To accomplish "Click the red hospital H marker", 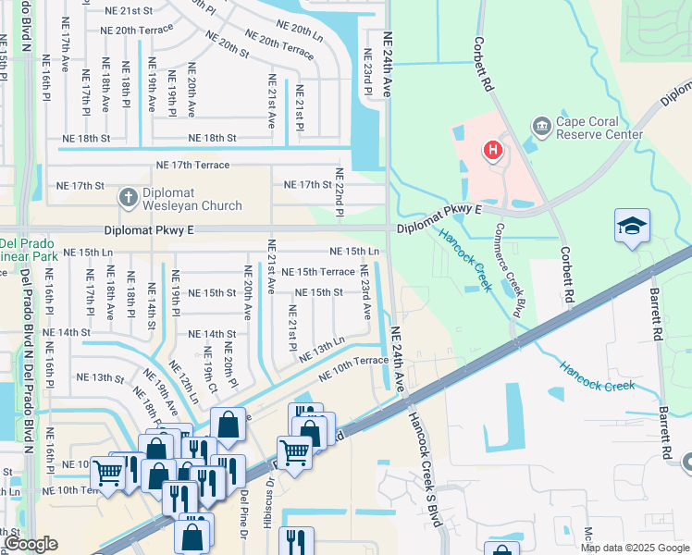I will [x=494, y=149].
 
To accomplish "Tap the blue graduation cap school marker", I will [x=632, y=228].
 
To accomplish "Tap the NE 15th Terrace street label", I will [x=318, y=272].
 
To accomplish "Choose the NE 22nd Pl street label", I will [x=340, y=193].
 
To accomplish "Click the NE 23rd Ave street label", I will [x=365, y=291].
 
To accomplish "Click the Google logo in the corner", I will [x=31, y=544].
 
